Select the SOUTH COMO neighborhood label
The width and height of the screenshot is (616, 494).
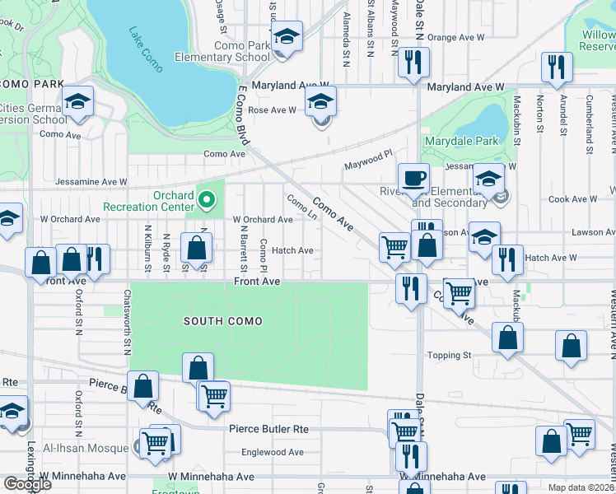tap(223, 321)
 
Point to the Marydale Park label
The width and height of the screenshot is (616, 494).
tap(461, 141)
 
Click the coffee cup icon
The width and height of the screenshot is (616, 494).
tap(413, 177)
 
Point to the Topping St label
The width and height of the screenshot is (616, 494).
tap(449, 355)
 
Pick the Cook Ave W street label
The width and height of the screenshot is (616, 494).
tap(572, 199)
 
